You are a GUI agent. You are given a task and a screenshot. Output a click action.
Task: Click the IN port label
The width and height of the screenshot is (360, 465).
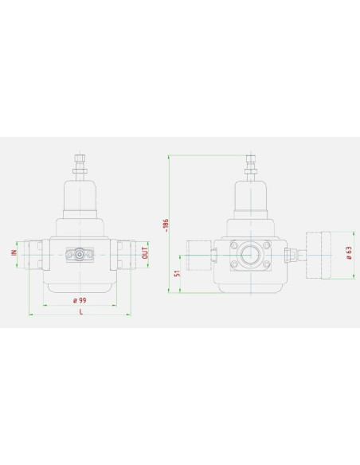coord(14,252)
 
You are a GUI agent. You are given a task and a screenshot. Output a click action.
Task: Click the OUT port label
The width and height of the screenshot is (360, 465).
coord(145,253)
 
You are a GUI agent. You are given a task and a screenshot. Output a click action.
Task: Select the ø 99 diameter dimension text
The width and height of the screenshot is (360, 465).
coord(80,300)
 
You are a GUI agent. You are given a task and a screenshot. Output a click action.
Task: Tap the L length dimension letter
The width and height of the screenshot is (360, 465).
coord(81,311)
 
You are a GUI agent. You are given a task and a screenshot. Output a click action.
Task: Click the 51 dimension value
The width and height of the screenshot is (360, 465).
coord(177,273)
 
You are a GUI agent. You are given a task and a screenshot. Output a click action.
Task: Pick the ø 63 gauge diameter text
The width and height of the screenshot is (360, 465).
coord(350,253)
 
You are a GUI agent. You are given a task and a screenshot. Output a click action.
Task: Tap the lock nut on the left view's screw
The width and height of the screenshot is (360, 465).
coord(80,171)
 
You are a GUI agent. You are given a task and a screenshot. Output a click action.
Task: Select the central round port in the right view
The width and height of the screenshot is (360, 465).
coord(251,255)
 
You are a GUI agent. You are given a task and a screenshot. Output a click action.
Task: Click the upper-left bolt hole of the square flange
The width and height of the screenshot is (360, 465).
coord(234,245)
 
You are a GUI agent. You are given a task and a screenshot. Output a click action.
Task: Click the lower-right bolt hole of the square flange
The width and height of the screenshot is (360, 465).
coord(267,264)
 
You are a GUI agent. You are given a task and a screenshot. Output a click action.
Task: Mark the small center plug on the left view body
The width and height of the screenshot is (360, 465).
coord(80,255)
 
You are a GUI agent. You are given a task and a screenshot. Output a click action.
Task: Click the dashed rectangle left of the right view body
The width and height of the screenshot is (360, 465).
coord(199,256)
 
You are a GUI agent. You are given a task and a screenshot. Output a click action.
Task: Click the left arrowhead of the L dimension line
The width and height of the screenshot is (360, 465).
coord(30,315)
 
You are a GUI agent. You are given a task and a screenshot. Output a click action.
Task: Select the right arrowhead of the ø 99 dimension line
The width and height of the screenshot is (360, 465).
coord(115,305)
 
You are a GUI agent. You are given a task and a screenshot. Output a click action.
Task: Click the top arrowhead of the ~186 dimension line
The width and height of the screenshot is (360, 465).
coord(169,157)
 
